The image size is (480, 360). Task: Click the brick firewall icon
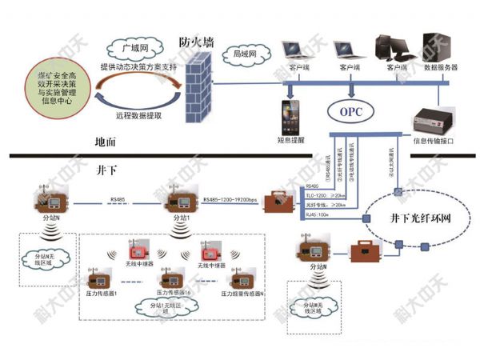(x=195, y=88)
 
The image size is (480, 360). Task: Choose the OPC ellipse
(x=352, y=112)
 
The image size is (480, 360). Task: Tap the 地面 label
(x=105, y=141)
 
